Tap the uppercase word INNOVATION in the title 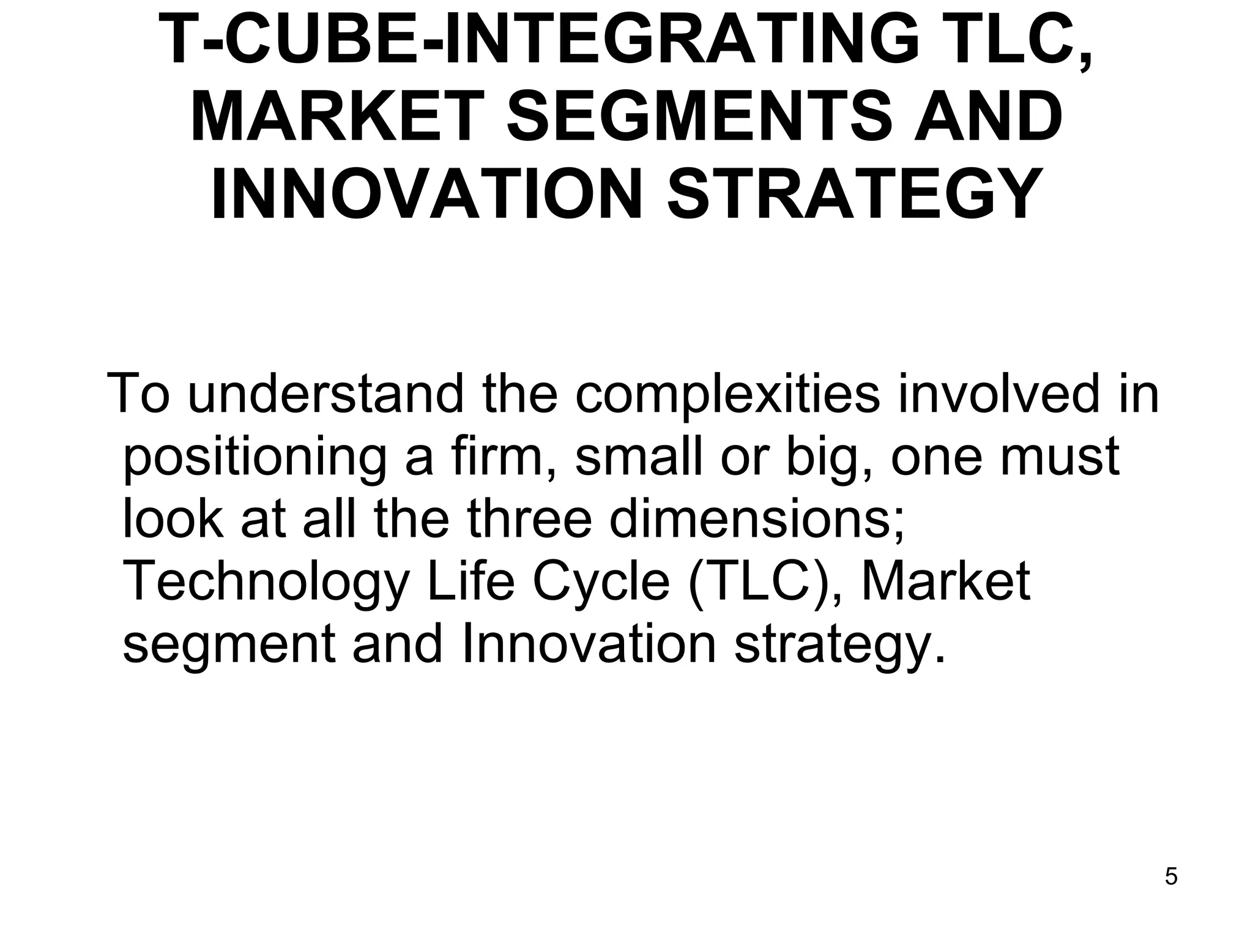tap(426, 193)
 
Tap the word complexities tap(727, 395)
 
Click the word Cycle tap(601, 583)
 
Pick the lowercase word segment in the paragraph tap(229, 646)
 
